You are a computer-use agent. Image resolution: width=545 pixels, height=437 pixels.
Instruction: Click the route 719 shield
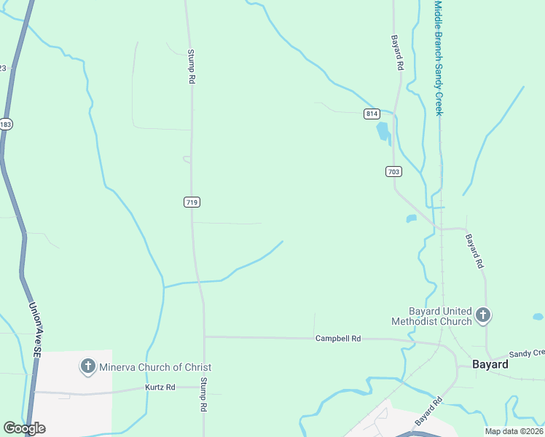pyautogui.click(x=192, y=202)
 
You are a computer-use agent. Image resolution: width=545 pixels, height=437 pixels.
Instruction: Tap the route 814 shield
pyautogui.click(x=372, y=114)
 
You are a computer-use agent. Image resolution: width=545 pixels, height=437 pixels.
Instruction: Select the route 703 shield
pyautogui.click(x=393, y=172)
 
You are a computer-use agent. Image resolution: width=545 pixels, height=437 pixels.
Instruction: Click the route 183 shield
pyautogui.click(x=6, y=125)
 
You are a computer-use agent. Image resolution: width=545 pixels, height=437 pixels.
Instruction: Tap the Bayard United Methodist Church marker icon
pyautogui.click(x=482, y=315)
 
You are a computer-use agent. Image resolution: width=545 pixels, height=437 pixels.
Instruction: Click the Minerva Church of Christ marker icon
pyautogui.click(x=87, y=366)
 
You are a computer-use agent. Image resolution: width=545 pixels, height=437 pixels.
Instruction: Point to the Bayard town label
pyautogui.click(x=490, y=364)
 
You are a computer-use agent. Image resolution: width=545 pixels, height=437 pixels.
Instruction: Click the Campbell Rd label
pyautogui.click(x=338, y=339)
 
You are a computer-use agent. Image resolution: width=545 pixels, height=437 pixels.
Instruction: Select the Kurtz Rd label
pyautogui.click(x=160, y=387)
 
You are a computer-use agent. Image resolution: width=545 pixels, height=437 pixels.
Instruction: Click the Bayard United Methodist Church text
pyautogui.click(x=431, y=316)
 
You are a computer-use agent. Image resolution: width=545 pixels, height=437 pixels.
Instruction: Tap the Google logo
pyautogui.click(x=24, y=428)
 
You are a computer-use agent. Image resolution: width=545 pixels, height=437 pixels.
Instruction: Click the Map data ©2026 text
pyautogui.click(x=514, y=431)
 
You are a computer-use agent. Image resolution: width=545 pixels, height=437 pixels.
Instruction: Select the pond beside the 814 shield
pyautogui.click(x=382, y=131)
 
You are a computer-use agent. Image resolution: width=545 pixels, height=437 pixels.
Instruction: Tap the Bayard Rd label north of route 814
pyautogui.click(x=398, y=52)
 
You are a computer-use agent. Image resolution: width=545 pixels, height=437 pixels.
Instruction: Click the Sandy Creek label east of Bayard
pyautogui.click(x=526, y=353)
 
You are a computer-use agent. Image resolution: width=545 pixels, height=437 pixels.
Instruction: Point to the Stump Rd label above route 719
pyautogui.click(x=192, y=66)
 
